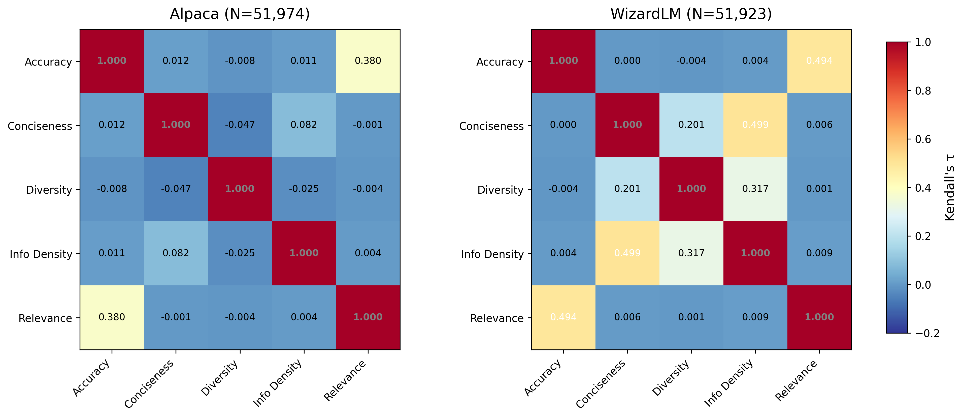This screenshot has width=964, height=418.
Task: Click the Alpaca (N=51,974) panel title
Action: (x=240, y=14)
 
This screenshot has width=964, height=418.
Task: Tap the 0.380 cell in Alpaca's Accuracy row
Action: (x=368, y=61)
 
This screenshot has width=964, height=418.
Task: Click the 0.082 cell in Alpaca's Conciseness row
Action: (x=304, y=125)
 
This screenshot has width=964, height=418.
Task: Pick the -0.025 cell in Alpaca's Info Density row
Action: (x=240, y=253)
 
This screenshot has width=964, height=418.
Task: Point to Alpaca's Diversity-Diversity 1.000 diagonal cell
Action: (x=240, y=189)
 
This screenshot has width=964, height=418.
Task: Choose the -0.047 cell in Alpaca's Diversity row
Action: (x=176, y=189)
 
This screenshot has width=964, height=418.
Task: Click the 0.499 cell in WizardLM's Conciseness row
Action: (x=755, y=125)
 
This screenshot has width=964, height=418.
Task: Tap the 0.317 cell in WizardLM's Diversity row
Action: (x=755, y=189)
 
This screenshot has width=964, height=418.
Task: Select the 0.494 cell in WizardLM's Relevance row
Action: (x=563, y=317)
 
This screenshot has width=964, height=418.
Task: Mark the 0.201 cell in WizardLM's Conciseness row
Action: (x=691, y=125)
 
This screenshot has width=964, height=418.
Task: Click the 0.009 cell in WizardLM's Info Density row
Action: (x=819, y=253)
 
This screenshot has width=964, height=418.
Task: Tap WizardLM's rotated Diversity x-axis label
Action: (x=671, y=378)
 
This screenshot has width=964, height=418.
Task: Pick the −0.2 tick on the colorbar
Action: (x=926, y=333)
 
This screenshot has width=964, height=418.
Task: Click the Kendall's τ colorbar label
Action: (x=949, y=187)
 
